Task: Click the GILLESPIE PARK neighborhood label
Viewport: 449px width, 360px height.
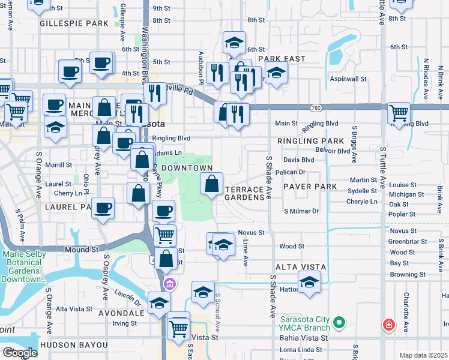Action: (x=74, y=23)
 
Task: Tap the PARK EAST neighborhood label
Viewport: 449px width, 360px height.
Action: (x=282, y=59)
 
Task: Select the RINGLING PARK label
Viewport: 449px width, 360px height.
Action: (x=310, y=141)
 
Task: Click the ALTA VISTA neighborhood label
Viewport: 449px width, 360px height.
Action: (x=301, y=266)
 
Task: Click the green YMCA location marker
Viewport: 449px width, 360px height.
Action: (x=339, y=323)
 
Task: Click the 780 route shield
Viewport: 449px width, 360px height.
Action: (x=316, y=108)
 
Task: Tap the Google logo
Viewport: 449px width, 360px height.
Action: (x=20, y=353)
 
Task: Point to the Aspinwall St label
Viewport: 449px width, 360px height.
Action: (x=348, y=79)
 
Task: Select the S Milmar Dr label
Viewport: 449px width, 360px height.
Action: (x=301, y=211)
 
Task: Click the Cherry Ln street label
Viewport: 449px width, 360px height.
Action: (x=68, y=193)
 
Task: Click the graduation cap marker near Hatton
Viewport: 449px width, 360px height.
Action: (x=309, y=281)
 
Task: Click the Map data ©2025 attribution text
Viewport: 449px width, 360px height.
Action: (x=423, y=355)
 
